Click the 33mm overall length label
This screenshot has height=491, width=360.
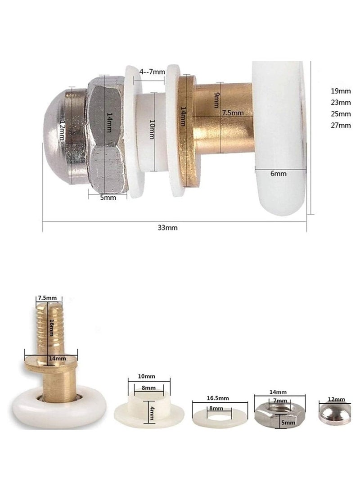click(167, 228)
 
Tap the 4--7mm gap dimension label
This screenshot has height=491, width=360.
click(152, 72)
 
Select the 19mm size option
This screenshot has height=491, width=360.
click(341, 91)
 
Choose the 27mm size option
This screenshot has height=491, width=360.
click(341, 125)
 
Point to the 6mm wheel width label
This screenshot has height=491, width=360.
click(278, 173)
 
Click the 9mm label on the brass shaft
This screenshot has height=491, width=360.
click(216, 100)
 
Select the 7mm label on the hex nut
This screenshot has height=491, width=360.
click(280, 401)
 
